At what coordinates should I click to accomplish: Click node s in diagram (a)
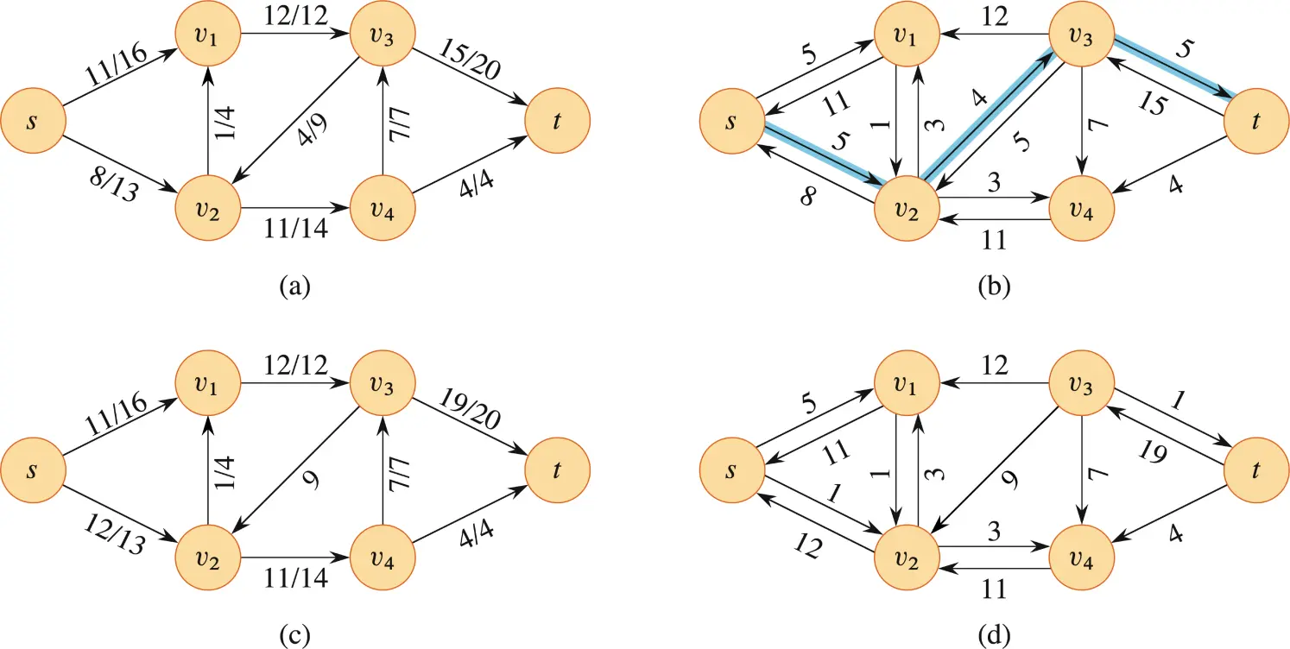(33, 121)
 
